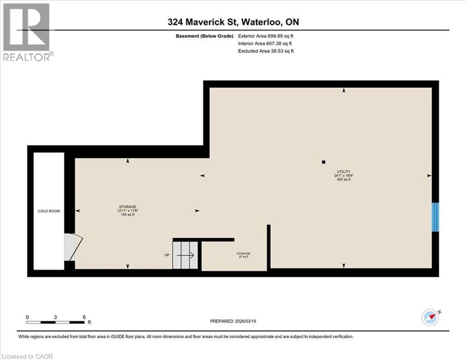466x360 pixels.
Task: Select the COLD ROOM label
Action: pyautogui.click(x=49, y=211)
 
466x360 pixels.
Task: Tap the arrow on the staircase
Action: pyautogui.click(x=185, y=255)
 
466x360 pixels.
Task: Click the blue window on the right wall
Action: pyautogui.click(x=436, y=217)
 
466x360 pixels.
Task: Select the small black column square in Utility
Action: pyautogui.click(x=323, y=162)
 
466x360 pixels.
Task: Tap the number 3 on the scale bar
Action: pyautogui.click(x=55, y=317)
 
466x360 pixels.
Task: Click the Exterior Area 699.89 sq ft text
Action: pyautogui.click(x=266, y=36)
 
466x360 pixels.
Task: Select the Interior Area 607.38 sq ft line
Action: pyautogui.click(x=266, y=43)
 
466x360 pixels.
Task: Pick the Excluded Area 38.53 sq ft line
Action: pyautogui.click(x=266, y=51)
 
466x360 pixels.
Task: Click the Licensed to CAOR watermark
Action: pyautogui.click(x=27, y=356)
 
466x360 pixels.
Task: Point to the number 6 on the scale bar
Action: pyautogui.click(x=84, y=317)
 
